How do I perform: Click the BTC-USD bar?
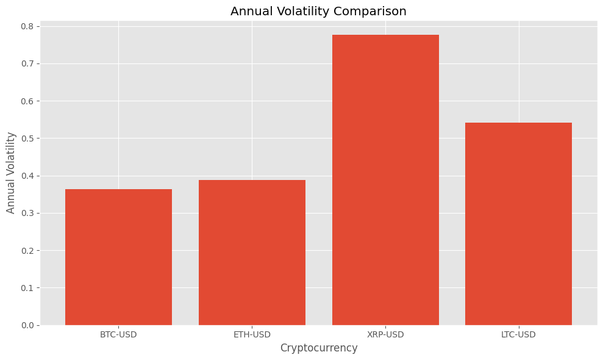point(118,257)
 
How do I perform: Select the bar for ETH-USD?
point(252,253)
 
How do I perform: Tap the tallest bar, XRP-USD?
point(385,180)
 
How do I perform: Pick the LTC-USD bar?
point(518,224)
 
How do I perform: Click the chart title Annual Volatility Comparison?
point(318,11)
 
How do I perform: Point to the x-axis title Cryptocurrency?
point(318,348)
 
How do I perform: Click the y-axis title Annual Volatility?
point(11,173)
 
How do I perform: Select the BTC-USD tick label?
point(118,334)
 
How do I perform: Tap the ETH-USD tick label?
point(252,334)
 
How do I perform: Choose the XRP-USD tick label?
point(385,334)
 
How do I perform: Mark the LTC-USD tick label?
point(518,334)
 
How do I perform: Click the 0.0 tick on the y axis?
point(27,325)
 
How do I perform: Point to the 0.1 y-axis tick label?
point(27,288)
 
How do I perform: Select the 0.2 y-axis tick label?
point(27,251)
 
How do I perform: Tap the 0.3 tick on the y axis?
point(27,214)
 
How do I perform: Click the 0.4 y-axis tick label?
point(27,176)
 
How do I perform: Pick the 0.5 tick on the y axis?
point(27,139)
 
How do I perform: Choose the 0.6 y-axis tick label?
point(27,101)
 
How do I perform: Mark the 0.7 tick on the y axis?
point(27,64)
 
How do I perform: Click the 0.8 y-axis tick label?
point(27,27)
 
